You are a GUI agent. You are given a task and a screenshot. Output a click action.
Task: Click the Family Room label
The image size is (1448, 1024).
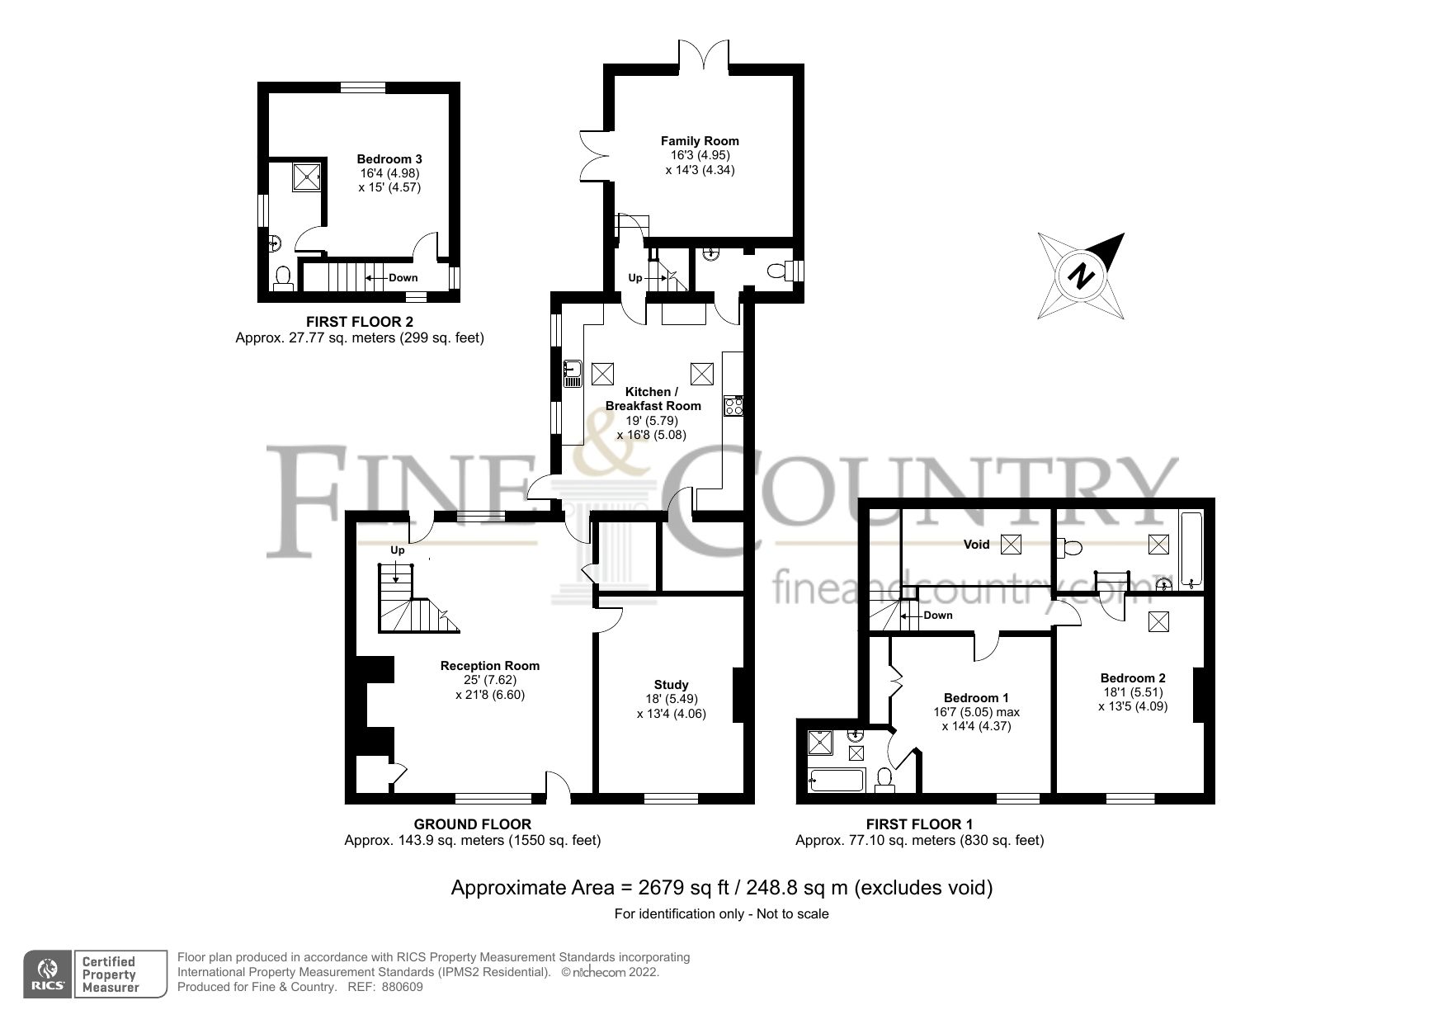[x=700, y=141]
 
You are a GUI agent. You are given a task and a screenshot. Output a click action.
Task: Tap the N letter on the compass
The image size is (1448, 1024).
[x=1081, y=276]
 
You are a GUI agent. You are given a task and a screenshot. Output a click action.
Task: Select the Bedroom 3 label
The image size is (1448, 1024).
[x=389, y=158]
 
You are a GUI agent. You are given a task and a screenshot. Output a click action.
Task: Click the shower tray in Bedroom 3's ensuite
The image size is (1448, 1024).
[x=307, y=177]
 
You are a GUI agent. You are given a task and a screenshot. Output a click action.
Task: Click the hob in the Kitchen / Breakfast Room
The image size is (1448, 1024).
[x=733, y=405]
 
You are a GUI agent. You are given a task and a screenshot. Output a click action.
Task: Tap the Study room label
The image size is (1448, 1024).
[x=671, y=684]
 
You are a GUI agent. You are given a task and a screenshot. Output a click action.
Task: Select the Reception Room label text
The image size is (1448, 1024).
[x=490, y=666]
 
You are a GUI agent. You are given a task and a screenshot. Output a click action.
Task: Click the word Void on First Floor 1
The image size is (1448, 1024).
[x=976, y=545]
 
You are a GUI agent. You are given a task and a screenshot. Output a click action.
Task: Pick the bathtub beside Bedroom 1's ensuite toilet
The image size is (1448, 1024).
[x=837, y=779]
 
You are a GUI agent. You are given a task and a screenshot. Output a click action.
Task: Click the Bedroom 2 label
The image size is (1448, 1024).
[x=1132, y=678]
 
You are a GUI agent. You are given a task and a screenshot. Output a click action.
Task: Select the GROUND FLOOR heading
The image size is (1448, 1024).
[x=472, y=823]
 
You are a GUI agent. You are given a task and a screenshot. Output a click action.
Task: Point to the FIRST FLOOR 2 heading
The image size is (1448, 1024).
[x=359, y=322]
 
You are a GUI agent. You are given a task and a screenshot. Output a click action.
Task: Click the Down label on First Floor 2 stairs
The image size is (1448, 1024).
[x=403, y=278]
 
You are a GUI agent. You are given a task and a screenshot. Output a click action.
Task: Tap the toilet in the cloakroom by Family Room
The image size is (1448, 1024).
[x=776, y=271]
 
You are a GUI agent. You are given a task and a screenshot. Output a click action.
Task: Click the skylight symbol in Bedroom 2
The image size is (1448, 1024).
[x=1158, y=621]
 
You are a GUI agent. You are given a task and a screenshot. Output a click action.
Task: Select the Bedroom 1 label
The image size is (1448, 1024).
[x=976, y=698]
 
